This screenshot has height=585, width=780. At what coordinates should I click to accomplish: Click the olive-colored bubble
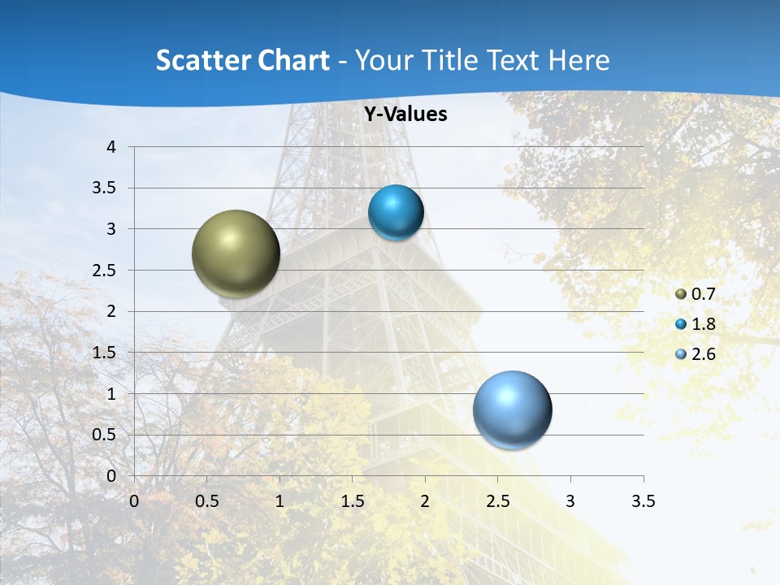click(x=236, y=253)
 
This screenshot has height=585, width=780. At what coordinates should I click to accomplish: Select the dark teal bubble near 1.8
click(x=396, y=213)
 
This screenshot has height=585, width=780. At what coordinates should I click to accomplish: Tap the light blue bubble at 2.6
click(x=513, y=409)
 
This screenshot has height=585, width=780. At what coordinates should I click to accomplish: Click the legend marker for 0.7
click(x=681, y=294)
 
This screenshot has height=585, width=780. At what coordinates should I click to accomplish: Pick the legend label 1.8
click(x=703, y=324)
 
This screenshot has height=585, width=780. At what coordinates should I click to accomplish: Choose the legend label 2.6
click(x=703, y=354)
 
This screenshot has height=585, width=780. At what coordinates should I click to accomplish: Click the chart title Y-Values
click(x=405, y=115)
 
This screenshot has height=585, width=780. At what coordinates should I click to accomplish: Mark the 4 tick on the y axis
click(x=111, y=147)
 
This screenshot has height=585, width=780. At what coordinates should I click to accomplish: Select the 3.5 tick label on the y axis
click(x=105, y=188)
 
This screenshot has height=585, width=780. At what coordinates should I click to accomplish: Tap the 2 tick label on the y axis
click(x=111, y=311)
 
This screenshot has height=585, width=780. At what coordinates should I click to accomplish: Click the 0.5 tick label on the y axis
click(x=105, y=435)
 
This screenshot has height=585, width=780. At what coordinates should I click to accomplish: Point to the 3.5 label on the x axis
click(x=643, y=501)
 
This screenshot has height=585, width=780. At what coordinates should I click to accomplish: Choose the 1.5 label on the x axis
click(x=352, y=501)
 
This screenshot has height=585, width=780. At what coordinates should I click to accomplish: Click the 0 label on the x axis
click(x=134, y=501)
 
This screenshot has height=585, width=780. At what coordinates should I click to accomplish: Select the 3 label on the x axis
click(x=570, y=501)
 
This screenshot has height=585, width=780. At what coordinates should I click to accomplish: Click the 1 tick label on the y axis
click(x=111, y=394)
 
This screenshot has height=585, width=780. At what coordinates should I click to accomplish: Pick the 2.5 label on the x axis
click(x=497, y=501)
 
